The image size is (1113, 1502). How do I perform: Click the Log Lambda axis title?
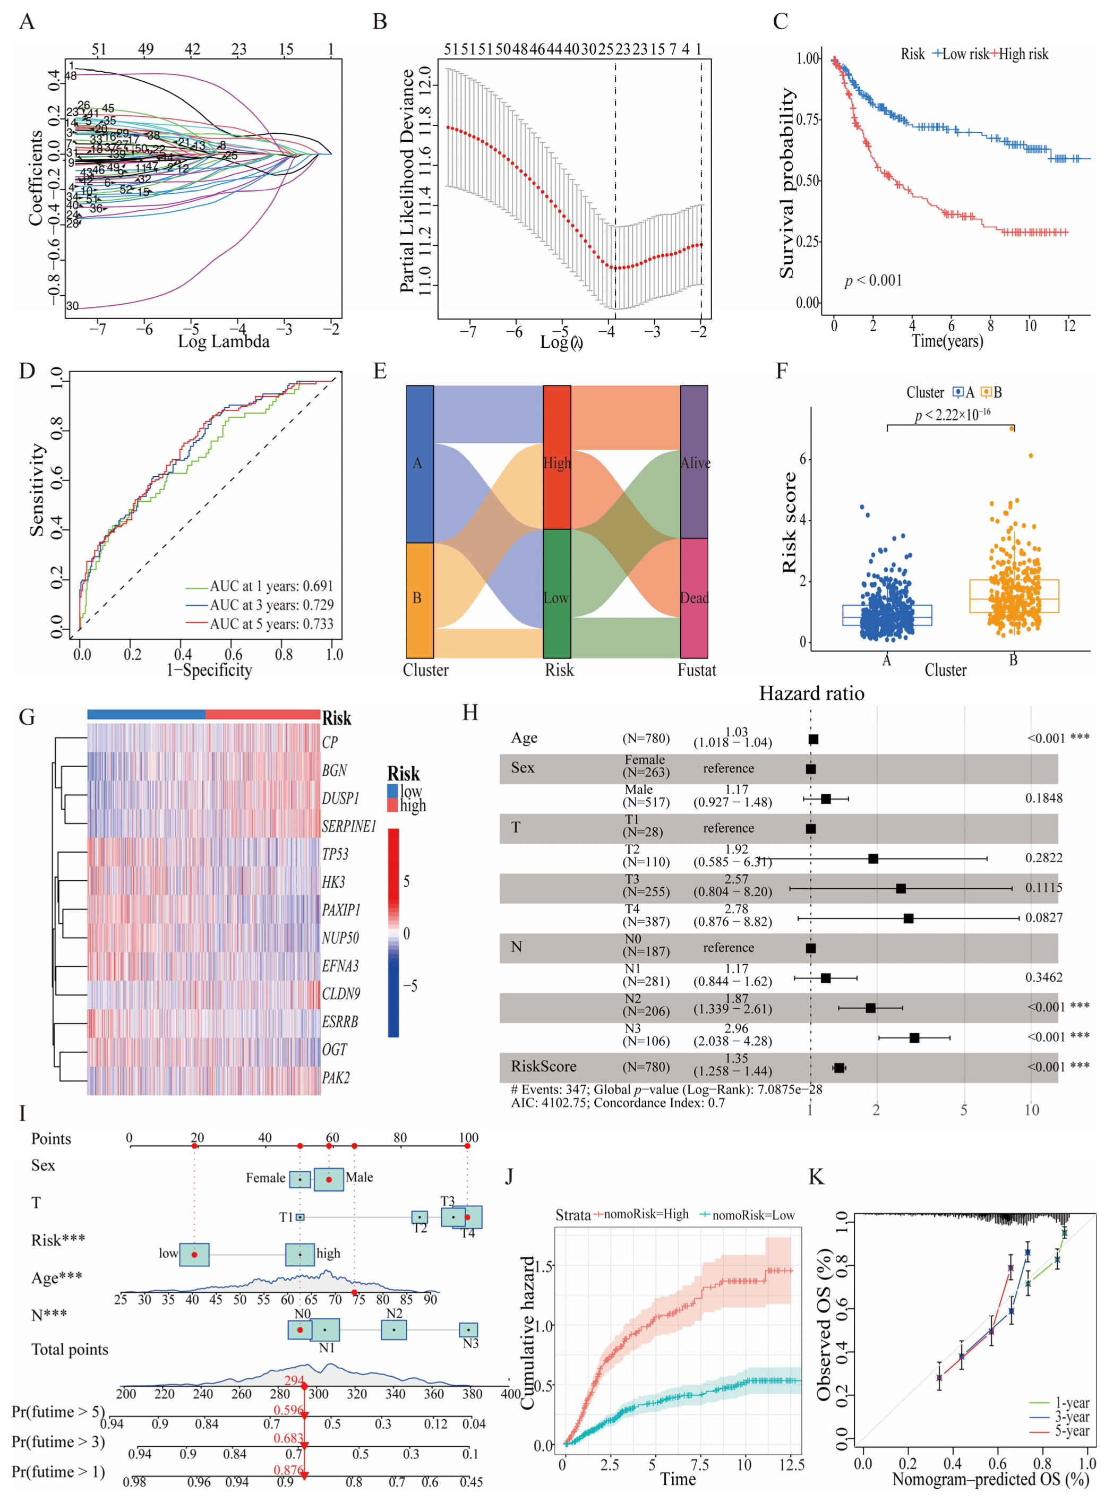[223, 341]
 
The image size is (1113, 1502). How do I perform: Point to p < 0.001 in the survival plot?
[873, 281]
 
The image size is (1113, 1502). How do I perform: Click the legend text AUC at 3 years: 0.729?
[271, 605]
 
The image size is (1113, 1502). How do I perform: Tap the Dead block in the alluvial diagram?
[694, 598]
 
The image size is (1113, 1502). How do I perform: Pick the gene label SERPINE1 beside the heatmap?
[348, 827]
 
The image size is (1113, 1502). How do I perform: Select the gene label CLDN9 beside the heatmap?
[341, 993]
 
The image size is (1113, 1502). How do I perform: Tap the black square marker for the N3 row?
[914, 1038]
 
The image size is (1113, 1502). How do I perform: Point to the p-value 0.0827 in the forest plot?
[1043, 917]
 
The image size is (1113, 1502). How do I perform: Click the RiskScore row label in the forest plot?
[543, 1066]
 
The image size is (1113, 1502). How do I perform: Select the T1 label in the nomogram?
[286, 1217]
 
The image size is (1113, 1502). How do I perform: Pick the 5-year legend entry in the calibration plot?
[1071, 1431]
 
